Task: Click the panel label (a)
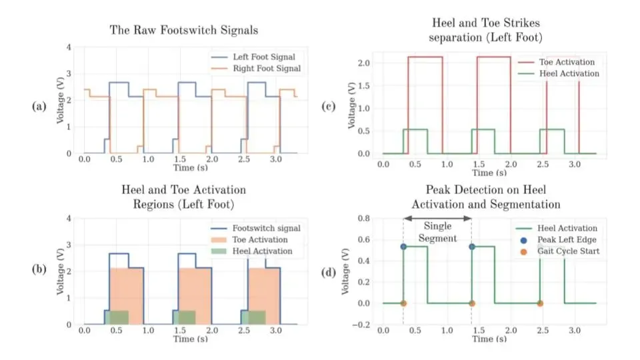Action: click(x=38, y=106)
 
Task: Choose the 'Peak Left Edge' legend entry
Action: click(x=561, y=240)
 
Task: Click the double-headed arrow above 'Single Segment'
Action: click(x=437, y=218)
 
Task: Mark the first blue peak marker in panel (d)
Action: click(x=403, y=247)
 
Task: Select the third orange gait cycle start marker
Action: click(x=539, y=303)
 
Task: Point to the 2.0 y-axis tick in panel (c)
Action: click(x=363, y=63)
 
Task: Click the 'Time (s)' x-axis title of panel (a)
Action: click(x=183, y=170)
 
